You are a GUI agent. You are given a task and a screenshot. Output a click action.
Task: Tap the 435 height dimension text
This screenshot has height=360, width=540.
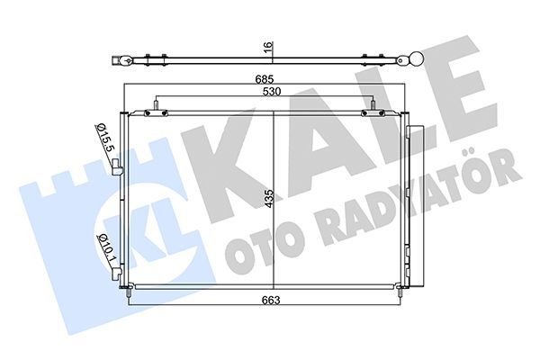[x=267, y=199]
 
